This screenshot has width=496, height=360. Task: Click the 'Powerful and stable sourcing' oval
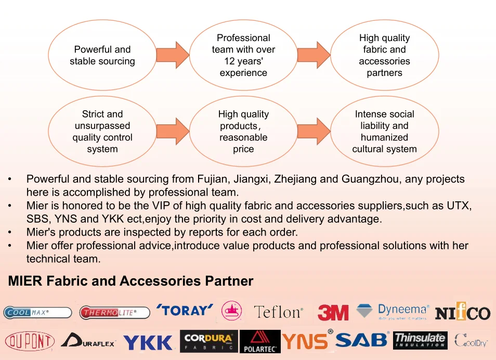[x=102, y=55]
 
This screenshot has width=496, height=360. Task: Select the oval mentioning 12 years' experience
[x=243, y=55]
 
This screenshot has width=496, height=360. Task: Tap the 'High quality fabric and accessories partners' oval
[x=384, y=55]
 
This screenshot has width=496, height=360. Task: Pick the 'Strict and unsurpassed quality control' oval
[x=102, y=131]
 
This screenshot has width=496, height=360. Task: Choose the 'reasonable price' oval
[x=243, y=131]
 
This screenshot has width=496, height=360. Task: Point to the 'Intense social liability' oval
[x=384, y=131]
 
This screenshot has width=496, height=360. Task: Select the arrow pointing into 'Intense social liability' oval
[x=314, y=131]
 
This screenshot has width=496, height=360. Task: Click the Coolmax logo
[x=37, y=313]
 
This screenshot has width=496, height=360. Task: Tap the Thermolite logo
[x=114, y=313]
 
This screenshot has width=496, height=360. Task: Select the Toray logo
[x=185, y=311]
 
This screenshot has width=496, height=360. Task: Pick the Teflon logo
[x=278, y=312]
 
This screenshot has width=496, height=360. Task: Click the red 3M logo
[x=333, y=313]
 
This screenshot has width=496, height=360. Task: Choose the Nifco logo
[x=462, y=312]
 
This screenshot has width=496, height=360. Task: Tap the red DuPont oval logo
[x=30, y=341]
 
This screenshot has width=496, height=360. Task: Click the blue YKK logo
[x=148, y=342]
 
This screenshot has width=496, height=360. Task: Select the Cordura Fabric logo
[x=208, y=341]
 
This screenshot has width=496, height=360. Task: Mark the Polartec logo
[x=260, y=342]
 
